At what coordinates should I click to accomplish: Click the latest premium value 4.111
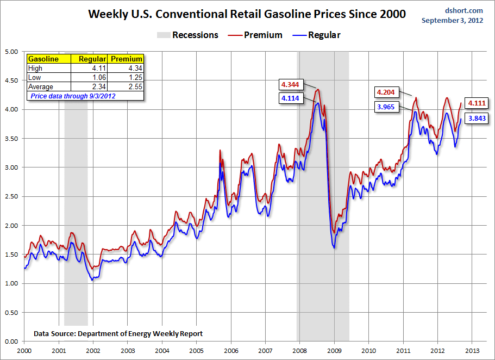tap(477, 103)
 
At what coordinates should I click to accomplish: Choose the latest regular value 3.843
tap(477, 118)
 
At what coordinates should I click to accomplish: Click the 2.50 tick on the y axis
tap(11, 196)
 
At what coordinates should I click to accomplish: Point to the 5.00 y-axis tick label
tap(11, 52)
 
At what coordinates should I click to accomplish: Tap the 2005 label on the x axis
tap(197, 350)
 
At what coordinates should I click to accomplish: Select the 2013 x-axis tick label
tap(471, 350)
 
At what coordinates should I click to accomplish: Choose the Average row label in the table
tap(41, 87)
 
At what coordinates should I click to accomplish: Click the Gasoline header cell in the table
tap(43, 59)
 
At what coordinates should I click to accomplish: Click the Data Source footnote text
tap(118, 333)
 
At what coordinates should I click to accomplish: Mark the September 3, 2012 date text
tap(453, 21)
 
